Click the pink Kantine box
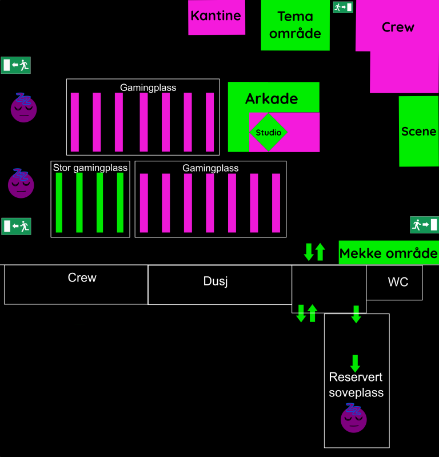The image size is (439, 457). [x=216, y=17]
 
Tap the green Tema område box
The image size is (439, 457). [x=295, y=25]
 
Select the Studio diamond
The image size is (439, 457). [x=268, y=133]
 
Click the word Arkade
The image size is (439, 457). [x=272, y=98]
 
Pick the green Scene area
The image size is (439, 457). [x=418, y=132]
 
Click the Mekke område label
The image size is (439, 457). [x=389, y=253]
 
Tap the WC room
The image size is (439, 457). [x=398, y=282]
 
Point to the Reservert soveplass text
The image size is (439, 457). [x=356, y=385]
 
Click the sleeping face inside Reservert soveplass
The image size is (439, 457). [x=354, y=418]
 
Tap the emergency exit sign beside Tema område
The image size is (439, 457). [x=343, y=7]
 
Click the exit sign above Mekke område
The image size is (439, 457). [x=424, y=225]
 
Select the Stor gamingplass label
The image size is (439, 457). [x=90, y=168]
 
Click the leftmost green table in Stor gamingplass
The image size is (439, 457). [x=59, y=202]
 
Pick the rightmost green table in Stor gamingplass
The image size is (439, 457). [x=120, y=202]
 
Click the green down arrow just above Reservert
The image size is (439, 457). [x=355, y=363]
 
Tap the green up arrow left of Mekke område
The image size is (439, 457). [x=320, y=252]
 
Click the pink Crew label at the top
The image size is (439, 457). [x=398, y=27]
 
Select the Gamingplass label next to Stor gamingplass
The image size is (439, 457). [x=210, y=168]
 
